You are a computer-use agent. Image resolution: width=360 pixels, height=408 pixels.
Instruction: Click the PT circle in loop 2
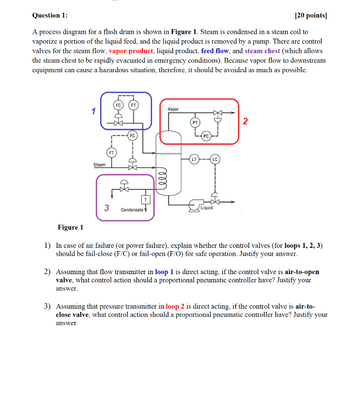(195, 123)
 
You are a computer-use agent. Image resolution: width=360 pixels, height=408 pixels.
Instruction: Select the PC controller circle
(206, 136)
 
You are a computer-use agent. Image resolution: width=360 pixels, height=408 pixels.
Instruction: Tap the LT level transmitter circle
(194, 159)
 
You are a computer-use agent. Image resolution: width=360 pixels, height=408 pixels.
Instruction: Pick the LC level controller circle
(215, 159)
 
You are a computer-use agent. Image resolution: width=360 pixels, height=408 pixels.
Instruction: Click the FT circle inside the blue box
(133, 105)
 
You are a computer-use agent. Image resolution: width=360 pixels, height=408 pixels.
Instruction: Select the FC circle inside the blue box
(118, 105)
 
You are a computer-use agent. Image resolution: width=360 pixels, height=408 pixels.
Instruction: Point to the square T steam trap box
(146, 200)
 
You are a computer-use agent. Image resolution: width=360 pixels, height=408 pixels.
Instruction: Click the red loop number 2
(246, 121)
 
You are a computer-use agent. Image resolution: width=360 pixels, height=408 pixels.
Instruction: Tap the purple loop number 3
(106, 208)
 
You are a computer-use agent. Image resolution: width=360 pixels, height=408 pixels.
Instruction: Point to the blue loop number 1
(94, 111)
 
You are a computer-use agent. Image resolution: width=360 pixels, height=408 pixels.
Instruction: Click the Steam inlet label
(100, 165)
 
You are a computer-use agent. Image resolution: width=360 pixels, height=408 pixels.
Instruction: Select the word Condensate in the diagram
(132, 210)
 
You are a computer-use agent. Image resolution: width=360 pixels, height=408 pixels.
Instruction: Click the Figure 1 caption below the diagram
(70, 228)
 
